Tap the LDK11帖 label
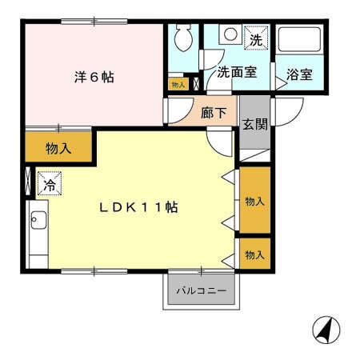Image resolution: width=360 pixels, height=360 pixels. (x=138, y=207)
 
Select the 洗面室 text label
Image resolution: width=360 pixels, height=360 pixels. (x=237, y=72)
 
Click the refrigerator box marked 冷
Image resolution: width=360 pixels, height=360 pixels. (x=48, y=185)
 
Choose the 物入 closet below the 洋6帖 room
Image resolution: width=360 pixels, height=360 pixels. (x=58, y=147)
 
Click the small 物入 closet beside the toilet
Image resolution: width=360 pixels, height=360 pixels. (x=178, y=83)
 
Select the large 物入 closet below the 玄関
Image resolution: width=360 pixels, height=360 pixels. (x=254, y=201)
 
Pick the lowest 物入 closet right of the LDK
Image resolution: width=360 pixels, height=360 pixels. (x=254, y=254)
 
